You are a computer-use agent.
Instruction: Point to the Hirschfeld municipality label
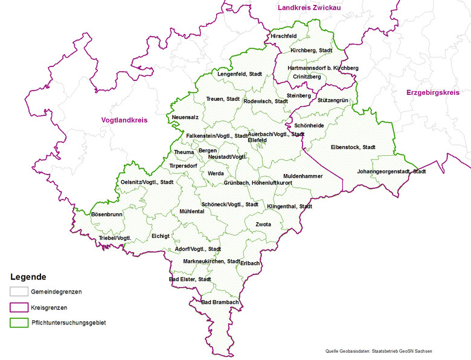pos(284,36)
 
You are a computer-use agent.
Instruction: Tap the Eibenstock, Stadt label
pos(353,147)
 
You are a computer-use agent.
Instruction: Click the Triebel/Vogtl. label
pos(115,239)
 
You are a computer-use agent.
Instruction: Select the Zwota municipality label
pos(263,225)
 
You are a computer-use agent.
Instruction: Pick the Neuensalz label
pos(185,117)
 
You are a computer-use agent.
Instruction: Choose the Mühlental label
pos(192,211)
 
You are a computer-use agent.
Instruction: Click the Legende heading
pos(28,277)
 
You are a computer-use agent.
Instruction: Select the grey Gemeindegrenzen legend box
pos(19,292)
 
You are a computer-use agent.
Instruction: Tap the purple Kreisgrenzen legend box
pos(19,307)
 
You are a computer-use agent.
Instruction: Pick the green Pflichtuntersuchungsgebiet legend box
pos(19,323)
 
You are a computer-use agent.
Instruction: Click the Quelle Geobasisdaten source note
pos(379,352)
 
